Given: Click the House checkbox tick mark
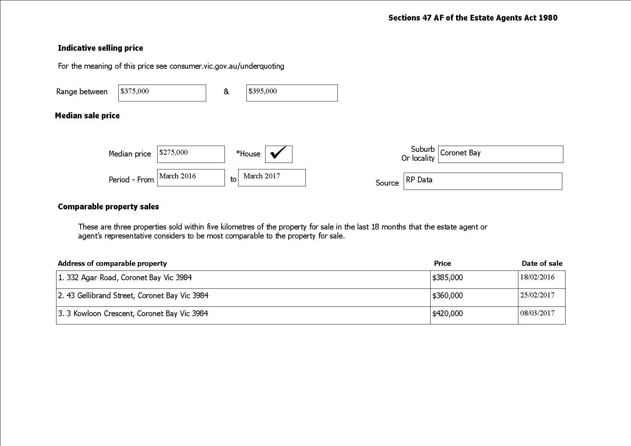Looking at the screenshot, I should tap(278, 153).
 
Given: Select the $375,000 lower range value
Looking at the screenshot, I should tap(135, 91).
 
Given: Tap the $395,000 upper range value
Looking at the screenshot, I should tap(263, 91).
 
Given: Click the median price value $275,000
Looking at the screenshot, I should tap(173, 153).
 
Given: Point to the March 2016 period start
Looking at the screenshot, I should tap(178, 176).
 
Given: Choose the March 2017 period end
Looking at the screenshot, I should tap(262, 176).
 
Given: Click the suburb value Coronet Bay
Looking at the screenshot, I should tap(460, 153).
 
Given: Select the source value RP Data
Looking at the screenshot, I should tap(419, 180).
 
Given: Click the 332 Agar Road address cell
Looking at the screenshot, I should tap(125, 278).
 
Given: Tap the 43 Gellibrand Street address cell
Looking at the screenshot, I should tap(133, 296).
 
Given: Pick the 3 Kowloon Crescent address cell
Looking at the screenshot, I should tap(133, 314).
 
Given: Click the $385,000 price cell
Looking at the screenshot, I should tap(448, 278).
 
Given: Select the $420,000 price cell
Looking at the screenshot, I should tap(448, 314).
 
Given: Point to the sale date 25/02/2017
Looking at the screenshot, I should tap(537, 295).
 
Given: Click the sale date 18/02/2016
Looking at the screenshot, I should tap(537, 277).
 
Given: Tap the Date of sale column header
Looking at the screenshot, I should tap(542, 264).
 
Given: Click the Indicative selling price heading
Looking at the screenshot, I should tap(100, 48).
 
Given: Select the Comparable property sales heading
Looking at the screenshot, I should tap(108, 207).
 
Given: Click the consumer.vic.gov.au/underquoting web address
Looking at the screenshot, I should tap(227, 66).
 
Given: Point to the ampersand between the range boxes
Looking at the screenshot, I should tap(226, 92).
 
